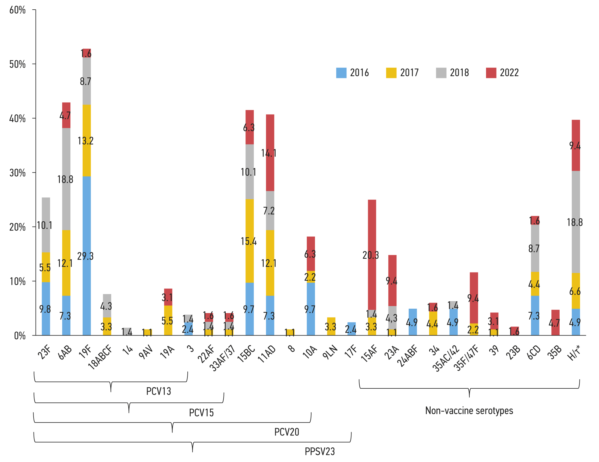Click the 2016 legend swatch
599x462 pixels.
pos(341,73)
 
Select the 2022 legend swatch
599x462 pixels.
pos(491,73)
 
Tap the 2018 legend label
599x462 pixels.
pos(459,73)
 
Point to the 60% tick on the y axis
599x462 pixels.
pos(17,10)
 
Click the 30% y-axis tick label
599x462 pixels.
pos(17,173)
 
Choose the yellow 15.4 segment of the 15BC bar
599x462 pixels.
pos(250,241)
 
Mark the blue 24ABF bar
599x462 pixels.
pos(413,322)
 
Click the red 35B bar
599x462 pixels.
pos(556,322)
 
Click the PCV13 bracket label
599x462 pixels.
pos(159,391)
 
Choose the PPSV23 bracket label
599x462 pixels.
pos(320,451)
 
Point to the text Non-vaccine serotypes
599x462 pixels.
pos(469,411)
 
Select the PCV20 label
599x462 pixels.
pos(287,432)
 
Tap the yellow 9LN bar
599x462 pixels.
pos(331,326)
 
